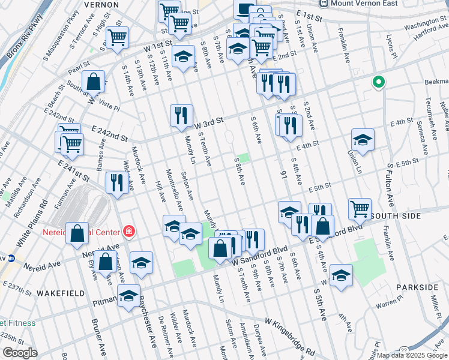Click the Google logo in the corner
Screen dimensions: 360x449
pos(19,353)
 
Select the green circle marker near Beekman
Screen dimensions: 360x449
pos(379,83)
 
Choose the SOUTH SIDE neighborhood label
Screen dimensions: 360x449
pos(396,214)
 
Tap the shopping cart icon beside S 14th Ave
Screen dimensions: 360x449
pos(117,37)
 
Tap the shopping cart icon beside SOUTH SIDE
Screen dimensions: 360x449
pos(360,209)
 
